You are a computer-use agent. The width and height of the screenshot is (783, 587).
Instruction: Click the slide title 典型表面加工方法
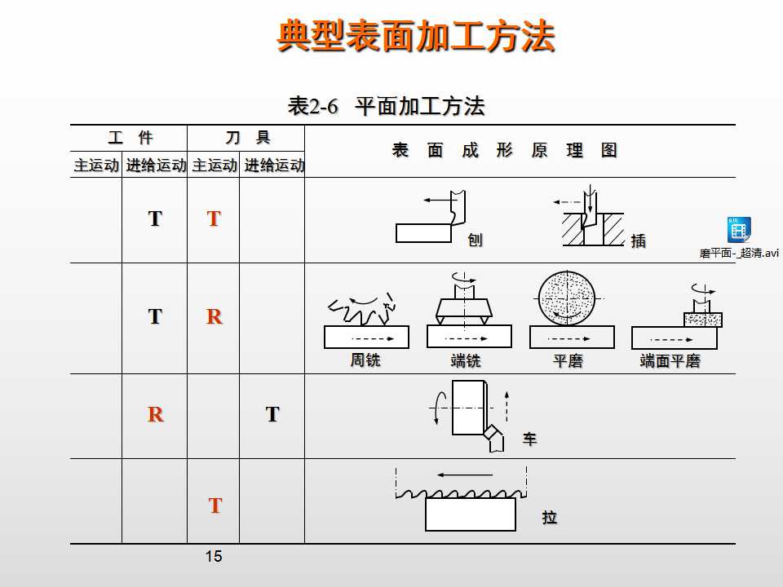point(416,37)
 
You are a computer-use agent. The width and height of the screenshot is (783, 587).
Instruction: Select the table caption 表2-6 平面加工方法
point(387,106)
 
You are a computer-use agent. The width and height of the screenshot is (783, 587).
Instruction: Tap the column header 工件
point(130,138)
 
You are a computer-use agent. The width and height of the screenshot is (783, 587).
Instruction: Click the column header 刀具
point(247,138)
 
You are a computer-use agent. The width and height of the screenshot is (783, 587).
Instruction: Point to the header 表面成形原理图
point(504,151)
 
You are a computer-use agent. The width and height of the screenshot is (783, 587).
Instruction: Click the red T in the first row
point(214,218)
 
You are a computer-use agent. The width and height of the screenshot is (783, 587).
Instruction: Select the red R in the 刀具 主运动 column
point(214,316)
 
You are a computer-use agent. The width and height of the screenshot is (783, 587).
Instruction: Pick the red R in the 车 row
point(155,414)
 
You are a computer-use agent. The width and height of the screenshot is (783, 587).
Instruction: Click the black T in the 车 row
point(272,414)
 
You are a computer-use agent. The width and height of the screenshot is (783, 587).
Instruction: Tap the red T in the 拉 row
point(215,505)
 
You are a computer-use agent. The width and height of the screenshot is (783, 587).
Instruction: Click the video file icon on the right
point(739,230)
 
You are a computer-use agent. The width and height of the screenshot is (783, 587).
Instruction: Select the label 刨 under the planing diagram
point(475,241)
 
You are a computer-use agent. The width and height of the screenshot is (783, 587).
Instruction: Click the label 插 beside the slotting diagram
point(639,241)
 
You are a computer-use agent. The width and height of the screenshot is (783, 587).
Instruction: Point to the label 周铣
point(365,360)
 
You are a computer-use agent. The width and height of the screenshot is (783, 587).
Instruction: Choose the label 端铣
point(466,360)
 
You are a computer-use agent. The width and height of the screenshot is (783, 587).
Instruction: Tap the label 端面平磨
point(670,361)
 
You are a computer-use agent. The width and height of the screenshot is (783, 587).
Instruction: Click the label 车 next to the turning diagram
point(529,439)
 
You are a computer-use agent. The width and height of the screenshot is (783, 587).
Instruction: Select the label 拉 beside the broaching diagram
point(550,518)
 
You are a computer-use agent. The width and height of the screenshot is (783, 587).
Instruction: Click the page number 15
point(214,557)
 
